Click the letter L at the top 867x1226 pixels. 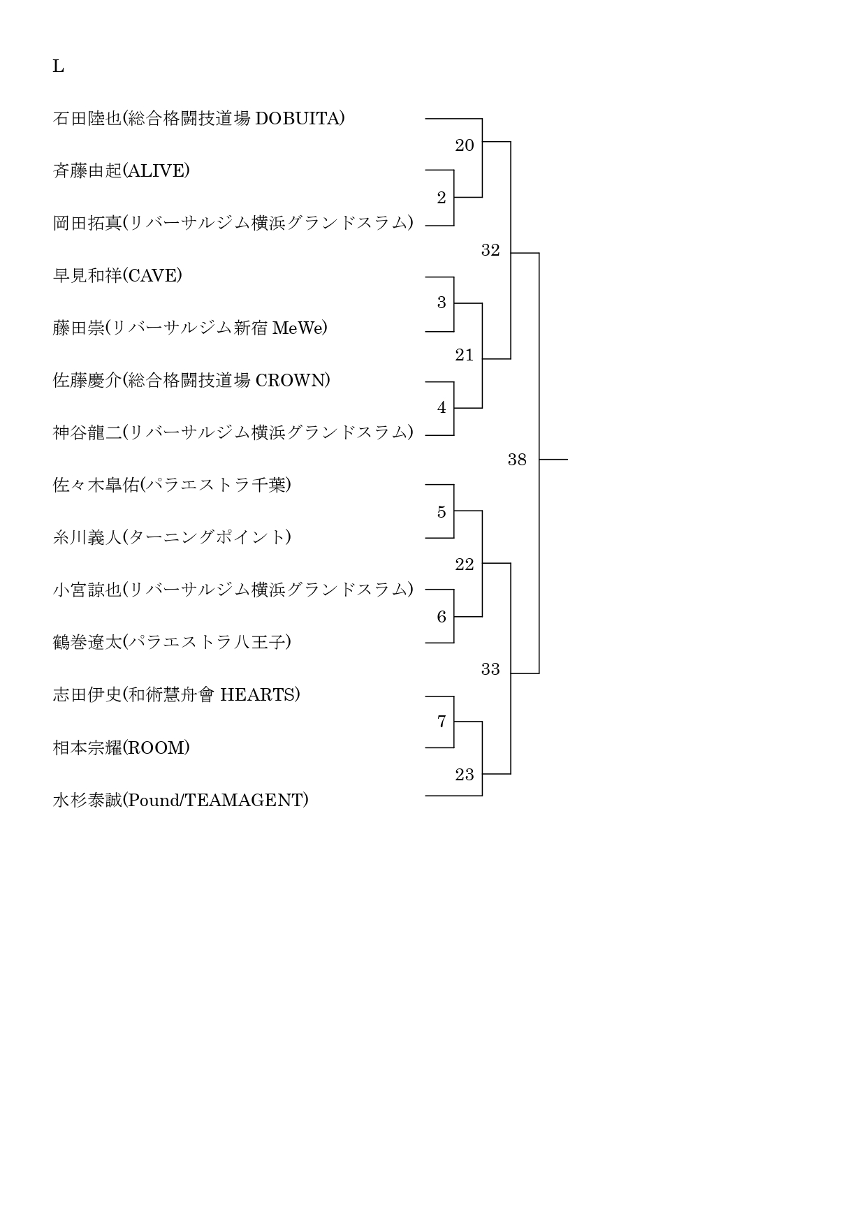pyautogui.click(x=58, y=66)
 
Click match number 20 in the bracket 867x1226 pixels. pyautogui.click(x=465, y=145)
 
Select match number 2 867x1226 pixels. pyautogui.click(x=442, y=198)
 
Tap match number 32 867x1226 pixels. pyautogui.click(x=490, y=250)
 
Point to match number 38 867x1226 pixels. pyautogui.click(x=517, y=460)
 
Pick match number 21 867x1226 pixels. pyautogui.click(x=465, y=355)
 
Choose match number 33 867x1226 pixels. pyautogui.click(x=490, y=669)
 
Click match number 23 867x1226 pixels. pyautogui.click(x=465, y=775)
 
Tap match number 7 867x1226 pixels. pyautogui.click(x=442, y=722)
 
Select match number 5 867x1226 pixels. pyautogui.click(x=442, y=512)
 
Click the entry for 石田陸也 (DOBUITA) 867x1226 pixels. pyautogui.click(x=198, y=119)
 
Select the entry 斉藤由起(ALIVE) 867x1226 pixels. pyautogui.click(x=121, y=171)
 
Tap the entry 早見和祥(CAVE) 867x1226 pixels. pyautogui.click(x=117, y=276)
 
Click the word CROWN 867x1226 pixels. pyautogui.click(x=290, y=381)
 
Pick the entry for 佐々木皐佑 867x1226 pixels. pyautogui.click(x=172, y=486)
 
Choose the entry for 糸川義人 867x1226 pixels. pyautogui.click(x=172, y=538)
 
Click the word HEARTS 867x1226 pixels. pyautogui.click(x=257, y=695)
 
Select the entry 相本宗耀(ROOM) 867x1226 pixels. pyautogui.click(x=121, y=748)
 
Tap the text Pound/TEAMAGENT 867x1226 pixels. pyautogui.click(x=215, y=801)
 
